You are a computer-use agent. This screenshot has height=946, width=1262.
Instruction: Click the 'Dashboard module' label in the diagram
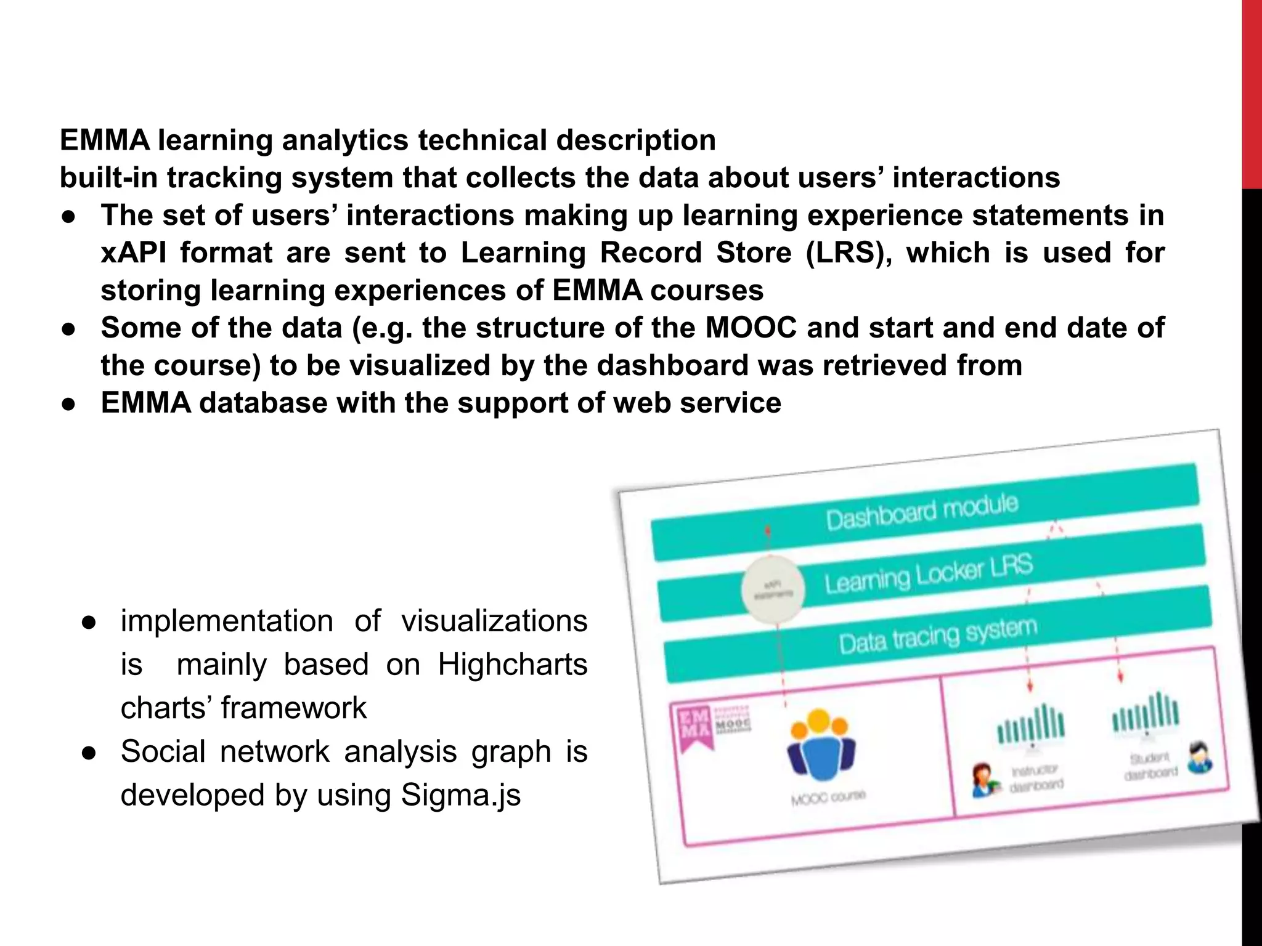pyautogui.click(x=922, y=512)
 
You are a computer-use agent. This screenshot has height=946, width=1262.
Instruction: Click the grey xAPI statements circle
pyautogui.click(x=773, y=589)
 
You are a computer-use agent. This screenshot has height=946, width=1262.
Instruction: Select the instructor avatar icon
pyautogui.click(x=983, y=780)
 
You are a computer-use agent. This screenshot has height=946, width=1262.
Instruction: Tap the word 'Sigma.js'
pyautogui.click(x=460, y=795)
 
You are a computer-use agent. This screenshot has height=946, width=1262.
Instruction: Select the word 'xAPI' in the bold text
pyautogui.click(x=134, y=253)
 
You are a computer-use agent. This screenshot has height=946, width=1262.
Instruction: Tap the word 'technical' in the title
pyautogui.click(x=482, y=140)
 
